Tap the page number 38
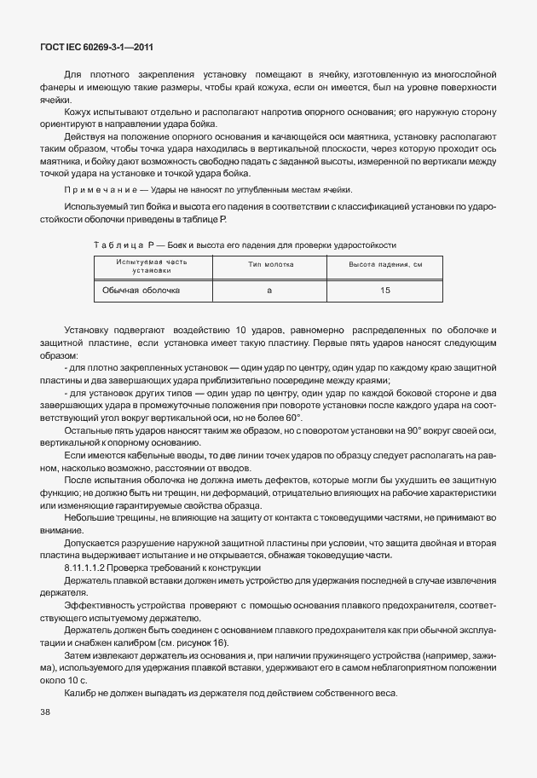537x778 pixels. tap(45, 712)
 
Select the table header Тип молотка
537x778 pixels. tap(270, 265)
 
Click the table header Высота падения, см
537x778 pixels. tap(385, 265)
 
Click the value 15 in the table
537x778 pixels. tap(385, 291)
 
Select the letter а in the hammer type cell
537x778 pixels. tap(269, 291)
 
